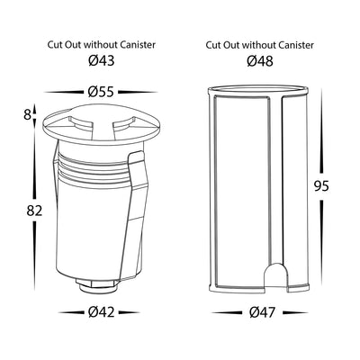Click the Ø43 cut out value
pos(102,61)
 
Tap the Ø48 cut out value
pos(260,61)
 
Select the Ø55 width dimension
pos(101,92)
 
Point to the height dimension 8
pos(27,115)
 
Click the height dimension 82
pos(34,211)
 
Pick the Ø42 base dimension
pos(102,312)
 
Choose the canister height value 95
pos(321,186)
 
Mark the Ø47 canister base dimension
pos(262,312)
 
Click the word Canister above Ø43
pos(138,45)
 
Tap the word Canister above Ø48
pos(296,45)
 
